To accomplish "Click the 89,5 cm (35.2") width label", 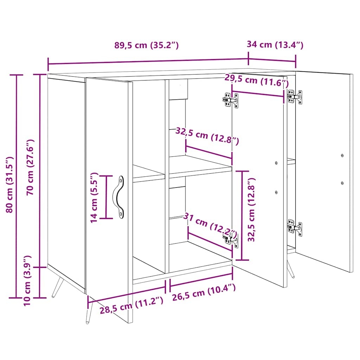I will pos(147,45).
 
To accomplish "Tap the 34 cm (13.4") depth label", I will pos(275,45).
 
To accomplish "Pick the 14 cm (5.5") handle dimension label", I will pos(94,197).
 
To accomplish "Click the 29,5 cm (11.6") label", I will pos(257,81).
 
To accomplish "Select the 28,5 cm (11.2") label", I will pos(132,305).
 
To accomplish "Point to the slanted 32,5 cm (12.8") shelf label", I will pos(207,136).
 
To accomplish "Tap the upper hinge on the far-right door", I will pos(295,97).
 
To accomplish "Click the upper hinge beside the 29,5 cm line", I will pos(230,100).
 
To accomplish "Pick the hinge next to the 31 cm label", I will pos(231,239).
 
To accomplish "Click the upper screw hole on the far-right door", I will pos(342,155).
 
